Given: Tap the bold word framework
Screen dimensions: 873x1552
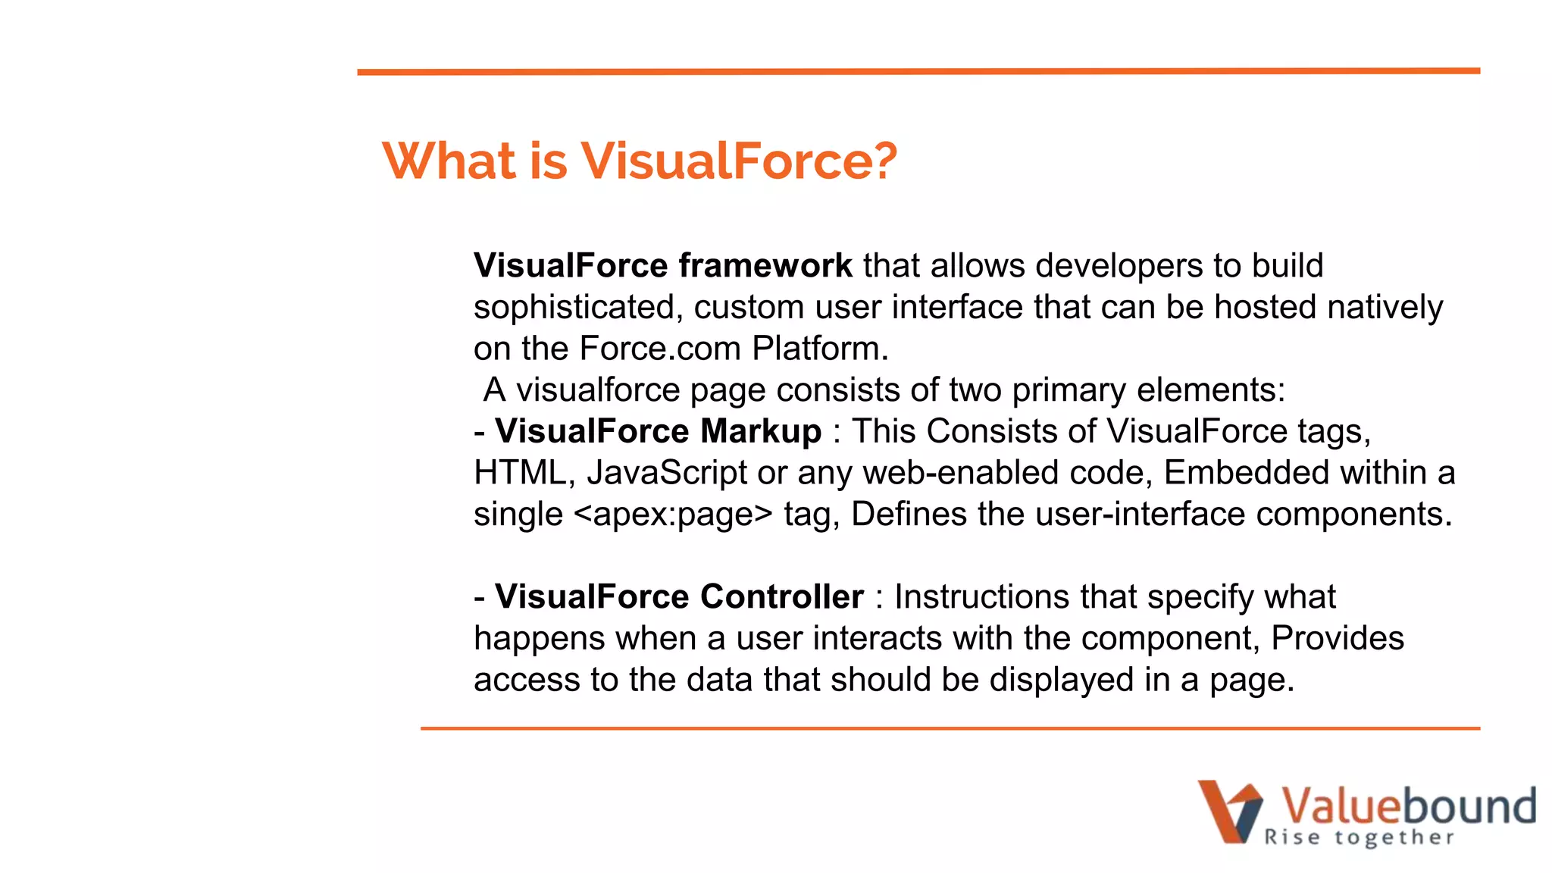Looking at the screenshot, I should [x=765, y=266].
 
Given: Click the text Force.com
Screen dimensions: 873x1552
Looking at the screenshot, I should [x=660, y=349].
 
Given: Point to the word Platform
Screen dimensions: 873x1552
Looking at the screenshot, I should [x=819, y=349].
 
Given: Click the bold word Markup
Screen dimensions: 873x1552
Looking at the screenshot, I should [x=761, y=431].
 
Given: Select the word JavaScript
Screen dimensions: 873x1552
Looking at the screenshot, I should [x=667, y=473].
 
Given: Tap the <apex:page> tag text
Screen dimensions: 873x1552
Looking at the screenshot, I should [x=673, y=515].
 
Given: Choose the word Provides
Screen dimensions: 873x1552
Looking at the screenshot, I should [x=1337, y=638].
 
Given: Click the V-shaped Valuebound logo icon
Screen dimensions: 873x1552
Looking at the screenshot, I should [x=1229, y=812].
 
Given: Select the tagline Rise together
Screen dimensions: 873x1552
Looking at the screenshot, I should [x=1359, y=837].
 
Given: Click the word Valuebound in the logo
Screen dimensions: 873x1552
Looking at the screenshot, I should [x=1408, y=806].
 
